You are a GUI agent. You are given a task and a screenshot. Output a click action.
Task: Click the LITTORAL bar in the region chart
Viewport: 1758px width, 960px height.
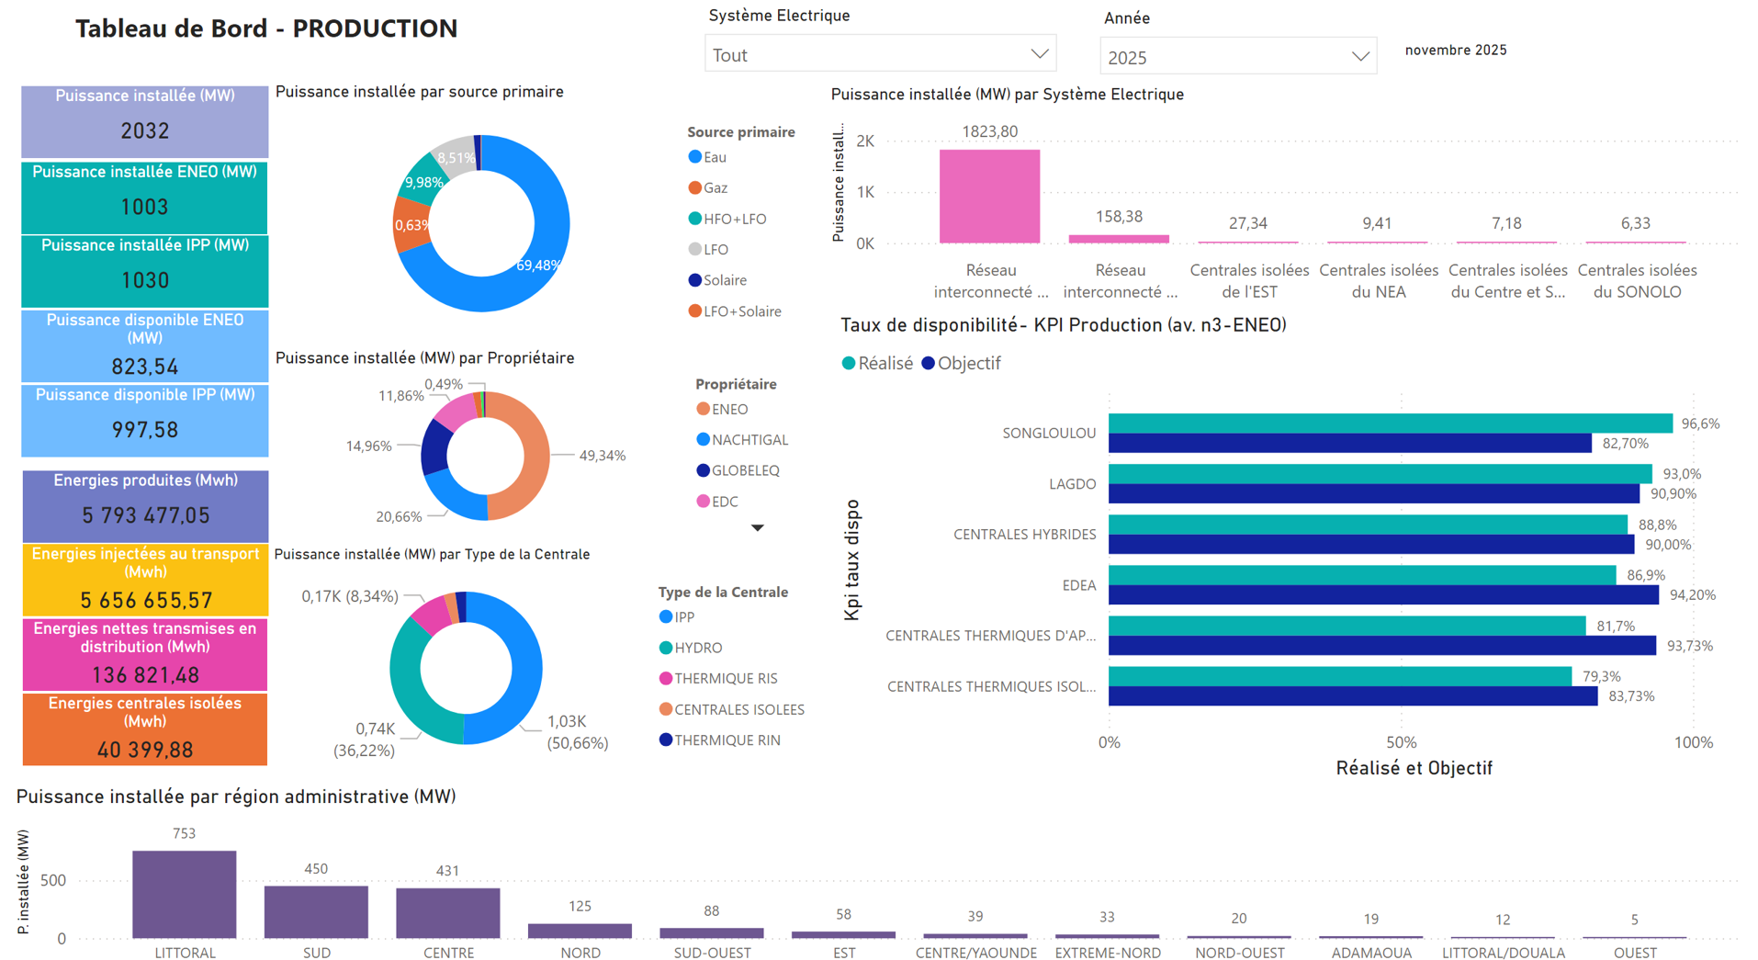(184, 894)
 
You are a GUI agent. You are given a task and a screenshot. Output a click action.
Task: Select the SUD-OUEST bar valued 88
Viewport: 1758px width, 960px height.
(711, 932)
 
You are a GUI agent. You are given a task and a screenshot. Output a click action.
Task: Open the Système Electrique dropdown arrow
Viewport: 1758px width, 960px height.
(1039, 54)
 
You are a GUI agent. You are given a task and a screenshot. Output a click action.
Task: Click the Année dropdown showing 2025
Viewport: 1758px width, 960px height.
(1236, 57)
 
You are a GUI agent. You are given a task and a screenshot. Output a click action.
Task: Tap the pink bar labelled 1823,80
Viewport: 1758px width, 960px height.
(989, 196)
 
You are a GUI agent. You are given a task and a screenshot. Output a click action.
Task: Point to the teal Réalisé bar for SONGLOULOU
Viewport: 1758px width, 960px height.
(1390, 424)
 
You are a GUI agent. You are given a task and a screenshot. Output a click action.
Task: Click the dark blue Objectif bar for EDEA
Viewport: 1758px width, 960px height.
(1382, 595)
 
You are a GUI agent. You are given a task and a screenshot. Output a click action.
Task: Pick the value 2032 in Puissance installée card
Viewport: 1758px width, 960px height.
(145, 131)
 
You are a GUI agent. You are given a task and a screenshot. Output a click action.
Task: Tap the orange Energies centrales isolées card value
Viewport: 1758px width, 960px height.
(145, 750)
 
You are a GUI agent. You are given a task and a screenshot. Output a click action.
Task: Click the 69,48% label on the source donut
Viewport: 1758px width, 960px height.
(537, 265)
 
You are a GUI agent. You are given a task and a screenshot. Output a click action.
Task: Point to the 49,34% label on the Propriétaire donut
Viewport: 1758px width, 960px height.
(602, 456)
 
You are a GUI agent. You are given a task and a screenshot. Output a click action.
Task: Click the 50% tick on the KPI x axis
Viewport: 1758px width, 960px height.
(1401, 742)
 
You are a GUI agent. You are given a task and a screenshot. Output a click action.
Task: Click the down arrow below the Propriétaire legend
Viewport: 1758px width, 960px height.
(757, 528)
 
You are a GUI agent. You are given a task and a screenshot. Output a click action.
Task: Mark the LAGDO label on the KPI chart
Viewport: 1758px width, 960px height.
(1072, 484)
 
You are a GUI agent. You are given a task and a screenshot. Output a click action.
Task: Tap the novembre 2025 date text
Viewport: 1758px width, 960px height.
(1455, 51)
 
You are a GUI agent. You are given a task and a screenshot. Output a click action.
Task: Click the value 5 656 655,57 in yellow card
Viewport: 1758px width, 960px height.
(145, 600)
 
